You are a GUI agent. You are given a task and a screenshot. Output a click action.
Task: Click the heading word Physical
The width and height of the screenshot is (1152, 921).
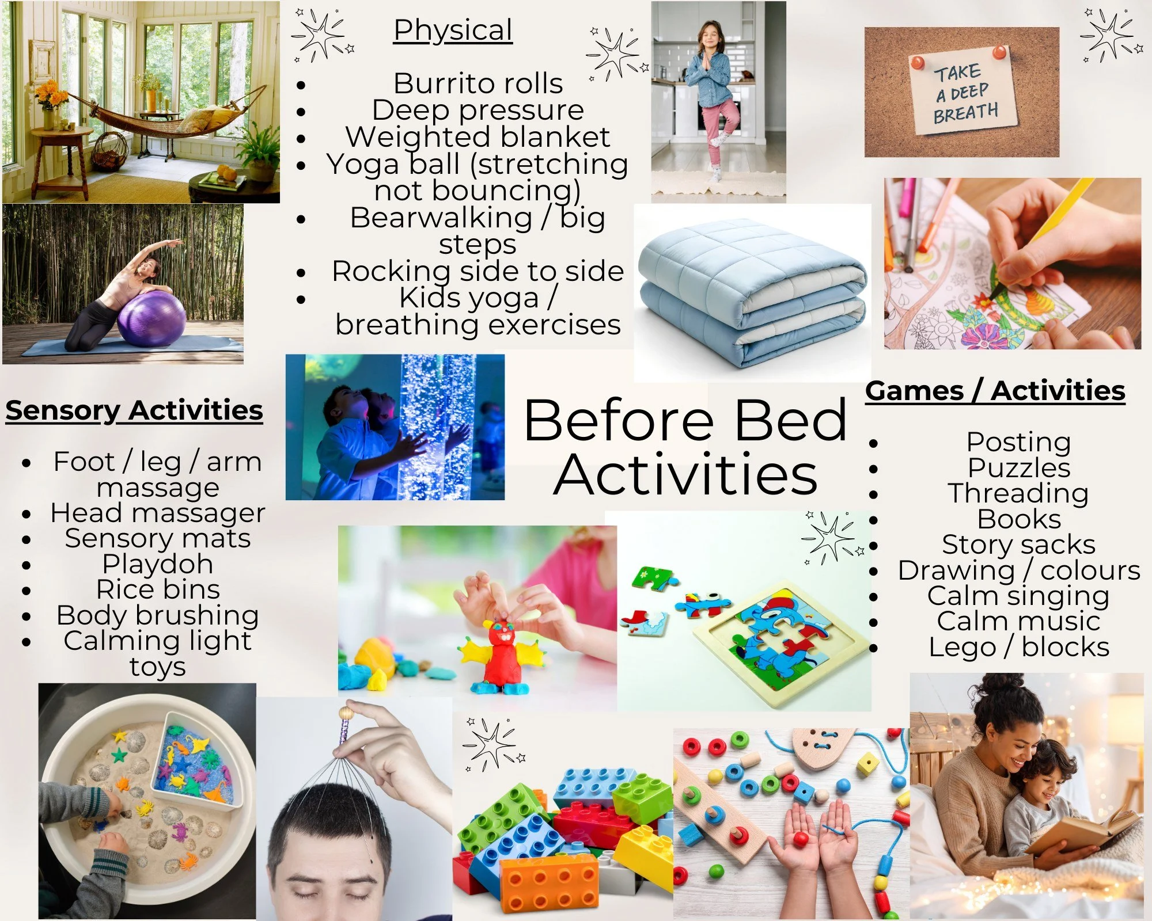(453, 31)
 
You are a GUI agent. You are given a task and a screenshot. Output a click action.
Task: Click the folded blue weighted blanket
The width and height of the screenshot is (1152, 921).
(752, 294)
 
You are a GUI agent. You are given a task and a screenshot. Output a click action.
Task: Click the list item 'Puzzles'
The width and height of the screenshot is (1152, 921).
(1018, 468)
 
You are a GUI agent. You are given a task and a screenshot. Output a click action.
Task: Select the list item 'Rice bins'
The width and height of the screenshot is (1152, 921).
(158, 590)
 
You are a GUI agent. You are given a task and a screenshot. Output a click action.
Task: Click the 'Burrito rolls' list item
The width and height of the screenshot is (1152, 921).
(478, 83)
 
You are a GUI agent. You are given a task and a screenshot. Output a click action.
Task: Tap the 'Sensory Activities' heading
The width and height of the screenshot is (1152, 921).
(134, 411)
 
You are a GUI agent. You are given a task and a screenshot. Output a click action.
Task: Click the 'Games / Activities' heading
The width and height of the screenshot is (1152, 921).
(995, 391)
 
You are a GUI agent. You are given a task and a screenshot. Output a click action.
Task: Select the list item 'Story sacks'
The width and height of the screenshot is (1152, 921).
(1018, 545)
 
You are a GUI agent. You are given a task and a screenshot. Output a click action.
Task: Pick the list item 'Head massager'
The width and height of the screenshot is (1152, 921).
(157, 513)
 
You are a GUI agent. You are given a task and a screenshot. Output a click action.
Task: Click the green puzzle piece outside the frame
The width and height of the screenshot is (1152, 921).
(654, 578)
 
